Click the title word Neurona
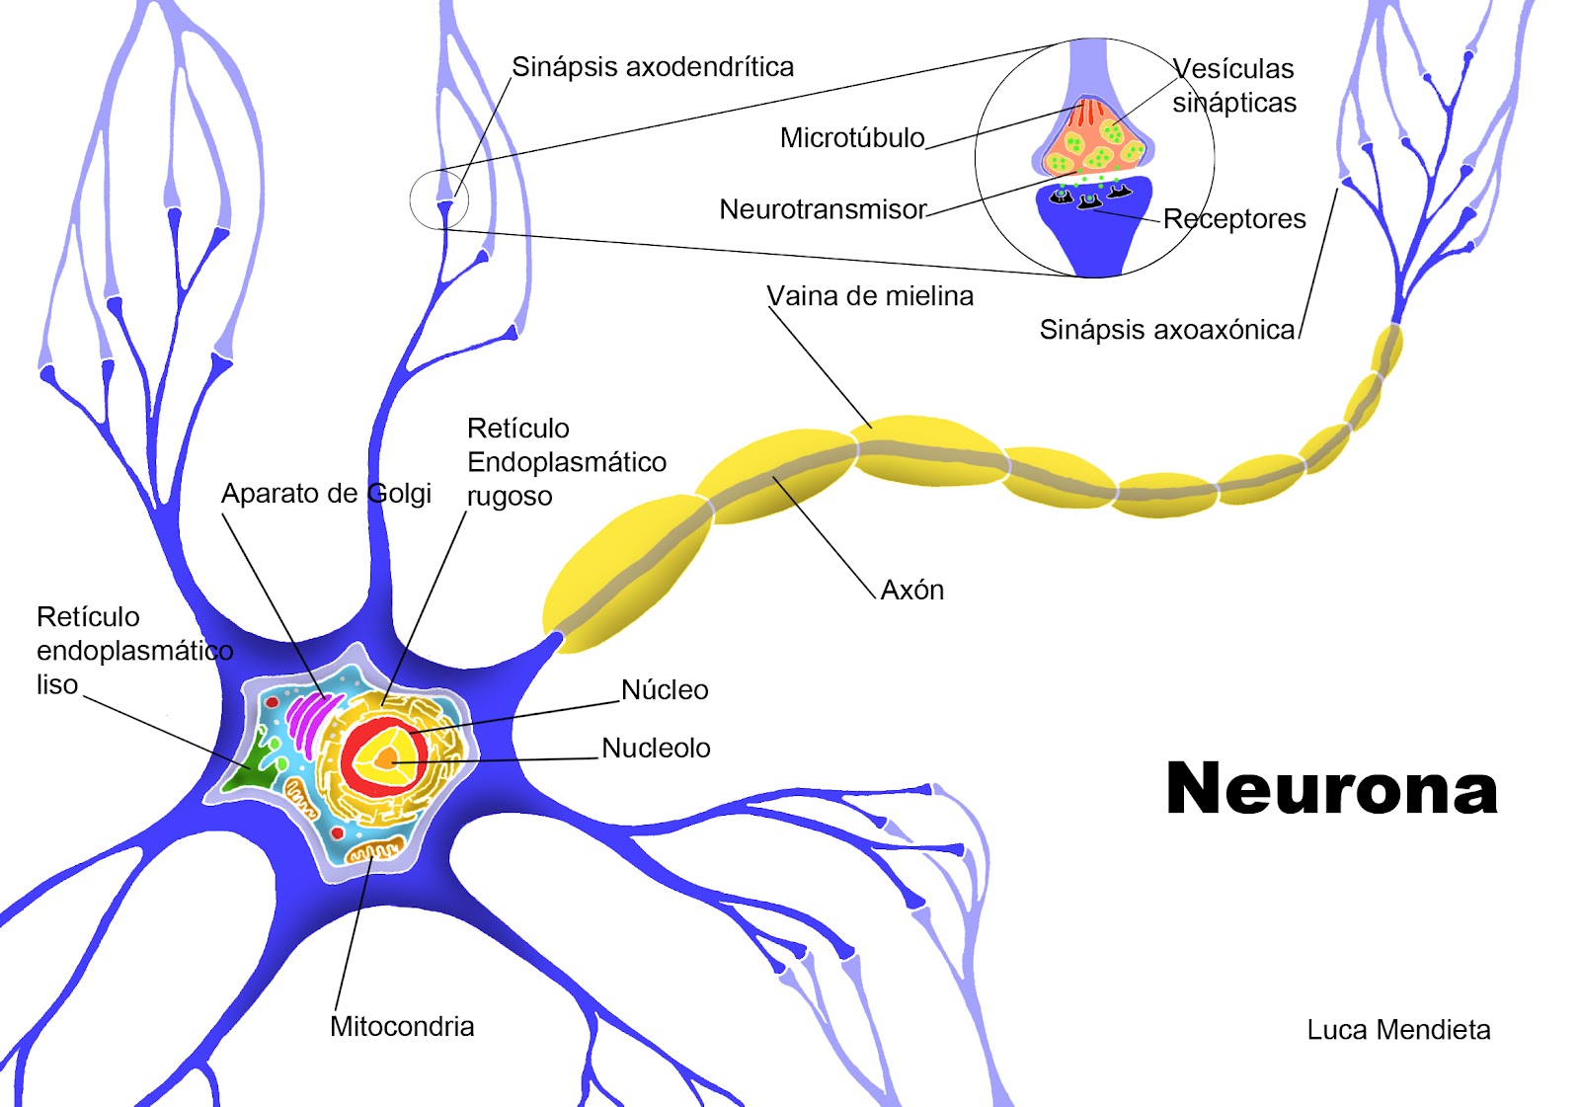point(1331,789)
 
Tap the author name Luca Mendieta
point(1398,1030)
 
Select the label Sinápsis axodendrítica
point(652,67)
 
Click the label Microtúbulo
point(851,138)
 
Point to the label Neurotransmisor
point(822,210)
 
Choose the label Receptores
point(1233,219)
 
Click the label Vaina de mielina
point(869,296)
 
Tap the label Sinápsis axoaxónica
point(1165,330)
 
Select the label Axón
point(911,591)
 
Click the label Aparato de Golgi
point(326,494)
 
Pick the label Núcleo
point(664,690)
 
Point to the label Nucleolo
point(656,749)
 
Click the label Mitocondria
point(402,1027)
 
